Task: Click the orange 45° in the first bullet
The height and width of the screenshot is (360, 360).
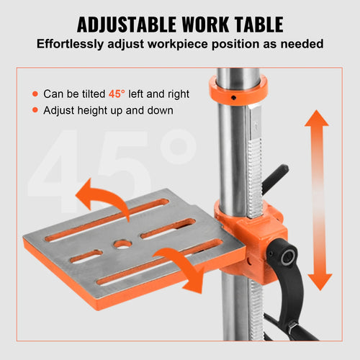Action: [x=116, y=94]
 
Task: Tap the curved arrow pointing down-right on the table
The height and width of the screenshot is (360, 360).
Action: [x=180, y=266]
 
